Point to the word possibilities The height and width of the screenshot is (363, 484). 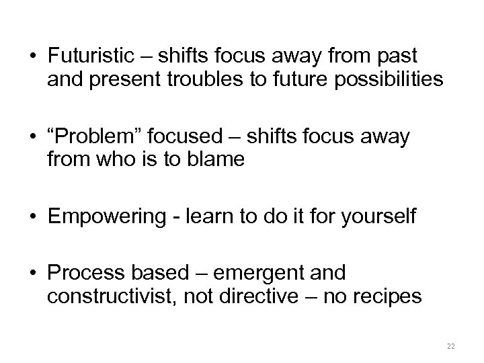point(387,80)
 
